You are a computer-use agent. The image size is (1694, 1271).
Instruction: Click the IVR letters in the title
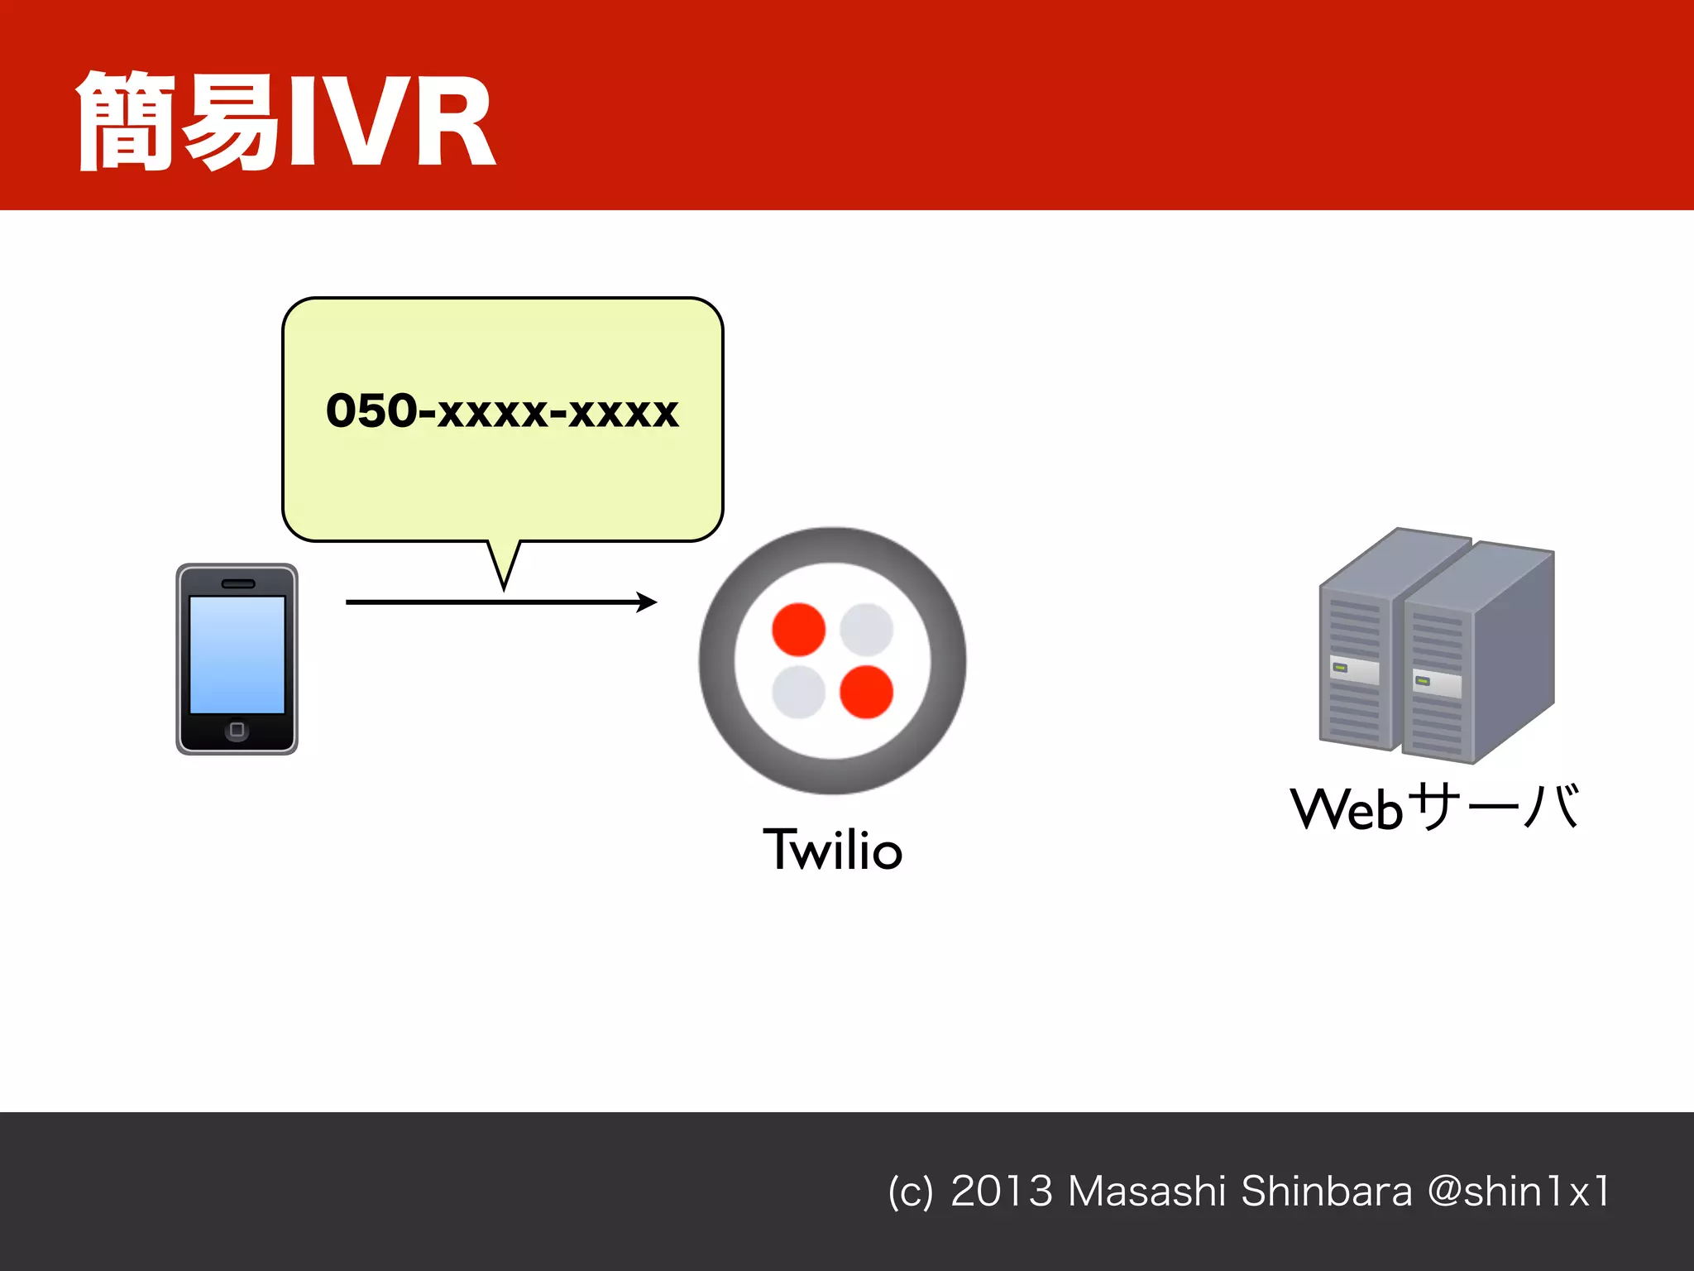[390, 122]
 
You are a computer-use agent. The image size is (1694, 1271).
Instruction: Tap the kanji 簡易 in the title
[178, 122]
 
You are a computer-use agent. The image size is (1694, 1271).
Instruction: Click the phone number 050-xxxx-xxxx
[502, 411]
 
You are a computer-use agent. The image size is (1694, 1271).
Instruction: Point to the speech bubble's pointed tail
[504, 571]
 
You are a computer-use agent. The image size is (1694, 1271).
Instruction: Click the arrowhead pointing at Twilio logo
[648, 602]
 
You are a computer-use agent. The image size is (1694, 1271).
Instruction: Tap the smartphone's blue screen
[237, 654]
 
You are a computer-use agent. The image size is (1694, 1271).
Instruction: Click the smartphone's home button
[237, 730]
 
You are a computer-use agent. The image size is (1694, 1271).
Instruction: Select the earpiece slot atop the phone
[238, 583]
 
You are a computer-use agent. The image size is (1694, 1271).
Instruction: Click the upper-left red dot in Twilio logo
[798, 630]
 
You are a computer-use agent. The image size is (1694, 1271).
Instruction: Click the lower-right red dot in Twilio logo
[866, 692]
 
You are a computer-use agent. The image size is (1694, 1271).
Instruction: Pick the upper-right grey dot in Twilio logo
[866, 630]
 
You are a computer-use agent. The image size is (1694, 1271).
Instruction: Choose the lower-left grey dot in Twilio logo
[798, 692]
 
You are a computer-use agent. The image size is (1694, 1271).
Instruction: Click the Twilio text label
[832, 850]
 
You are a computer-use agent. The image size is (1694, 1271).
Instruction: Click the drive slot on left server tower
[1354, 670]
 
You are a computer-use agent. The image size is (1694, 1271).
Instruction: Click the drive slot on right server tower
[1437, 683]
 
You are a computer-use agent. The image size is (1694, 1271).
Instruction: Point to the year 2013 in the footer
[1001, 1192]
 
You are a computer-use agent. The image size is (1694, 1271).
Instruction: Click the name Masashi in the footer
[1146, 1192]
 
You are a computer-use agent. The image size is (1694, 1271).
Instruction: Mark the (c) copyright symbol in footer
[910, 1192]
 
